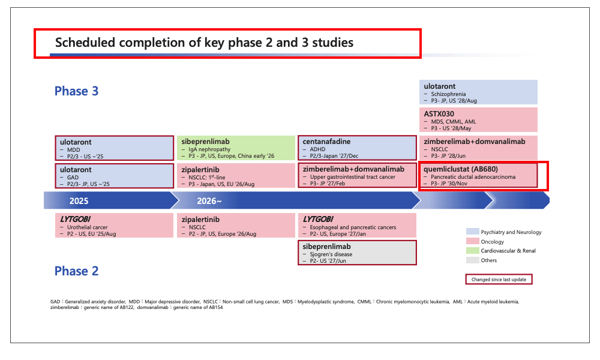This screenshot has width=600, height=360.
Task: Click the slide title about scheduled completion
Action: (204, 43)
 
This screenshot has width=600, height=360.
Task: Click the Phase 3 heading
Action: (77, 91)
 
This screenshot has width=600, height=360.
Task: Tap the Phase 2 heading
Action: (77, 271)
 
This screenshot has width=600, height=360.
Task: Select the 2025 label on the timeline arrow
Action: (79, 201)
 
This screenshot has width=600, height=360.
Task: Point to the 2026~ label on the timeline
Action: (209, 201)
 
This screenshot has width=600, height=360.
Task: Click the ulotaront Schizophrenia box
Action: (478, 92)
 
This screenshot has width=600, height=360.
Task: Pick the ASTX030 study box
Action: (478, 120)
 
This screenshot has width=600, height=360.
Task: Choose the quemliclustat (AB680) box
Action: (478, 176)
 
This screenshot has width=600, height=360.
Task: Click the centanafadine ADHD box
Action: (357, 148)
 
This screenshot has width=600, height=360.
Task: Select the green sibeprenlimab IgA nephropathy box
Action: (236, 148)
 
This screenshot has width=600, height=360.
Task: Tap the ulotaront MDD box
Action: (115, 148)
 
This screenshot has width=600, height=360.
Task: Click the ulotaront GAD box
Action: (115, 176)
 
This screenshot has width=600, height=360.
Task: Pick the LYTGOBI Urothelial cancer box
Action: (114, 226)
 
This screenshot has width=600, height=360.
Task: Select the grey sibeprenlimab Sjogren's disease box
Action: (357, 253)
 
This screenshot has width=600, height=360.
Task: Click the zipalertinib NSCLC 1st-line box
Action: (236, 176)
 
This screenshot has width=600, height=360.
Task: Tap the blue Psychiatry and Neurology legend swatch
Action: (473, 232)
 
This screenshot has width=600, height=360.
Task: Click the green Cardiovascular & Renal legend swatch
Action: (473, 251)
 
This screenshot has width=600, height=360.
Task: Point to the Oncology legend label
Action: (493, 242)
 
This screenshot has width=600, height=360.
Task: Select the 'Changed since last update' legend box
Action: (499, 279)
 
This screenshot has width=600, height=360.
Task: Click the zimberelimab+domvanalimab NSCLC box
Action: (478, 148)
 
